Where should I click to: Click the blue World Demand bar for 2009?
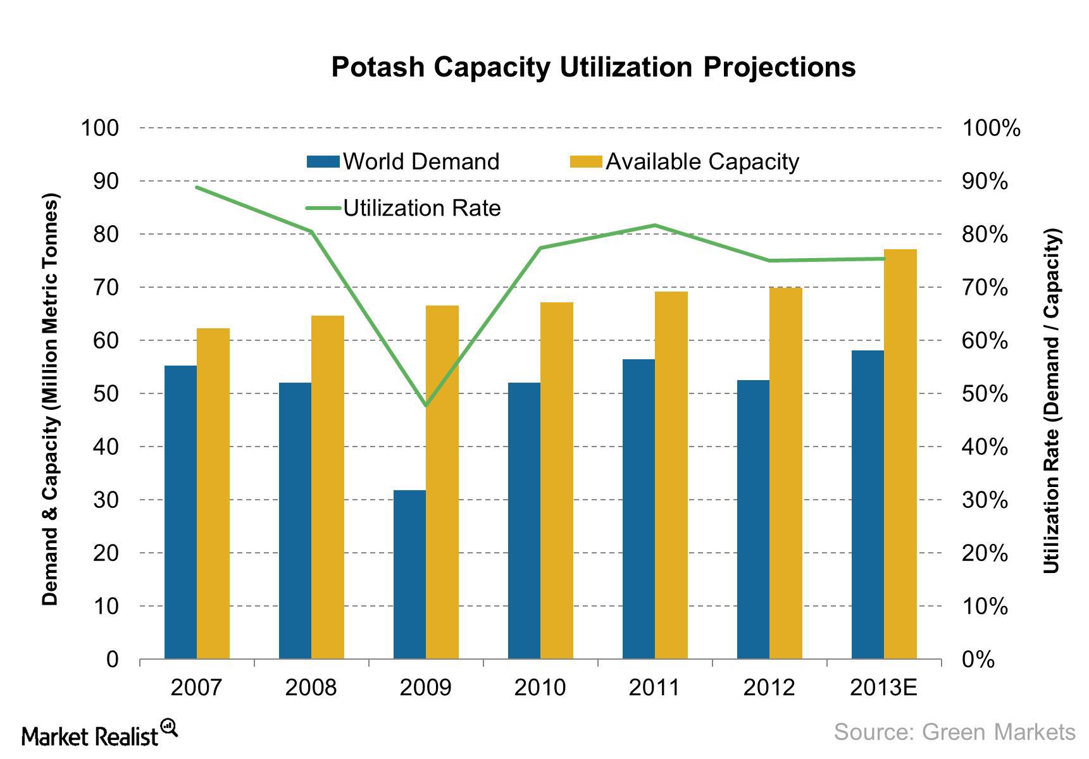point(409,574)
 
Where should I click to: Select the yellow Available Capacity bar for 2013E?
point(900,454)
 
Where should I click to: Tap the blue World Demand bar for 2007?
point(180,512)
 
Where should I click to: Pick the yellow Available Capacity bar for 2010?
point(557,481)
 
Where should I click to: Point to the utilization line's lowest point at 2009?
point(426,405)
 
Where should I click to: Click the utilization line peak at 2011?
point(655,225)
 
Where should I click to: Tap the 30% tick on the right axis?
point(985,500)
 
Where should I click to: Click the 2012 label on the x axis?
point(769,688)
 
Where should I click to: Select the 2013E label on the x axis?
point(883,688)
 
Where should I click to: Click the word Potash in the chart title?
point(377,67)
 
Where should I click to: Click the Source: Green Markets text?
point(954,732)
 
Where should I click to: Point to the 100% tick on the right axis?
point(991,128)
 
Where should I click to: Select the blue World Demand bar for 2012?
point(753,519)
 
